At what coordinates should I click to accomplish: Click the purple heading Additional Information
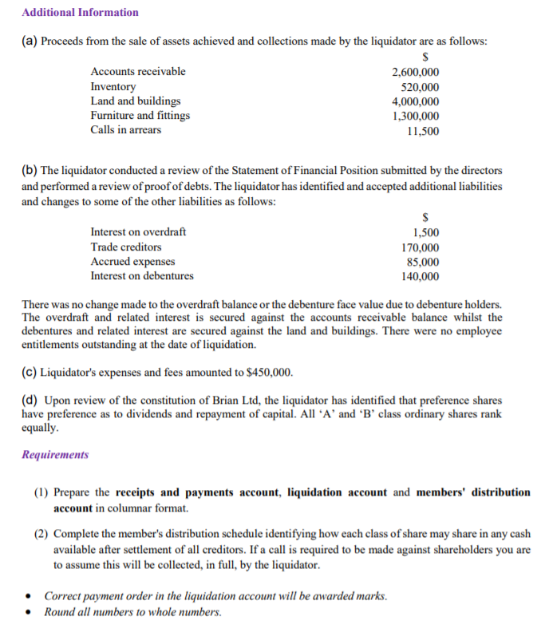coord(80,12)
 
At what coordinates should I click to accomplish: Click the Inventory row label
coord(113,86)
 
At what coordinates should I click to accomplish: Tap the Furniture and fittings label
coord(140,116)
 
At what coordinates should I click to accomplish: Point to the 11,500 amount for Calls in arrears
coord(422,131)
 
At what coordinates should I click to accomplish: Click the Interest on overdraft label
coord(138,231)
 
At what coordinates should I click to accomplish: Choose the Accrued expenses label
coord(133,262)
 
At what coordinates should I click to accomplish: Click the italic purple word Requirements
coord(55,455)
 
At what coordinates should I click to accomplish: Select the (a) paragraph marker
coord(30,41)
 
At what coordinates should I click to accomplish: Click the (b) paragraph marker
coord(30,171)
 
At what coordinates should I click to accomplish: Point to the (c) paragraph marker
coord(30,372)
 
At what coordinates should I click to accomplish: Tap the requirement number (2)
coord(42,534)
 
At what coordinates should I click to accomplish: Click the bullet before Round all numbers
coord(29,613)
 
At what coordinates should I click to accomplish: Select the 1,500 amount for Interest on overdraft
coord(425,231)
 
